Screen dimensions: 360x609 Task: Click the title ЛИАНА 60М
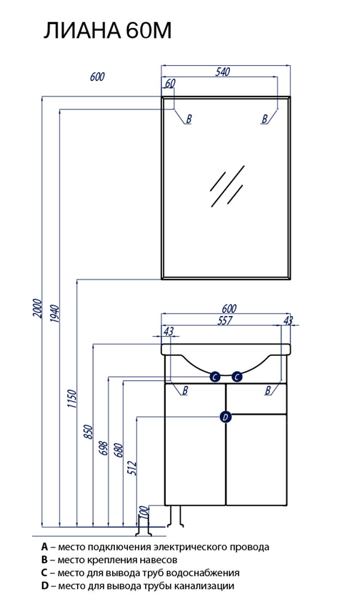pyautogui.click(x=107, y=31)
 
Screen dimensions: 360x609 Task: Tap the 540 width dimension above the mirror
pyautogui.click(x=223, y=72)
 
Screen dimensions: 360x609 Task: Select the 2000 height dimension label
pyautogui.click(x=37, y=308)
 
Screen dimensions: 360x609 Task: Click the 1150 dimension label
pyautogui.click(x=71, y=398)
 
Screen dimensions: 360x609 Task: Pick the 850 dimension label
pyautogui.click(x=89, y=432)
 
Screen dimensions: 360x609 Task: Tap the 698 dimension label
pyautogui.click(x=103, y=450)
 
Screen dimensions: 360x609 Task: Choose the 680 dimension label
pyautogui.click(x=119, y=450)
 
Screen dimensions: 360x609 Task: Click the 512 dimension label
pyautogui.click(x=133, y=469)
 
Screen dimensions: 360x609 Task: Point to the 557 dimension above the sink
pyautogui.click(x=225, y=320)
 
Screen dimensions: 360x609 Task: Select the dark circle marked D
pyautogui.click(x=226, y=417)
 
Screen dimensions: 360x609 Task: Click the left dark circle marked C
pyautogui.click(x=215, y=377)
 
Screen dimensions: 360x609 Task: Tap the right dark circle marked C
pyautogui.click(x=236, y=377)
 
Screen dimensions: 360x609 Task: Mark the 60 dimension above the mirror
pyautogui.click(x=170, y=83)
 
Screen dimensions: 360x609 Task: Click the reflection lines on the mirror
pyautogui.click(x=227, y=187)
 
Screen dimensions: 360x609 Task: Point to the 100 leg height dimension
pyautogui.click(x=144, y=513)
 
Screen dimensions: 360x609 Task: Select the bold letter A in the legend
pyautogui.click(x=44, y=548)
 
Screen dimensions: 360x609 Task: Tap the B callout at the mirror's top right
pyautogui.click(x=265, y=119)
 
